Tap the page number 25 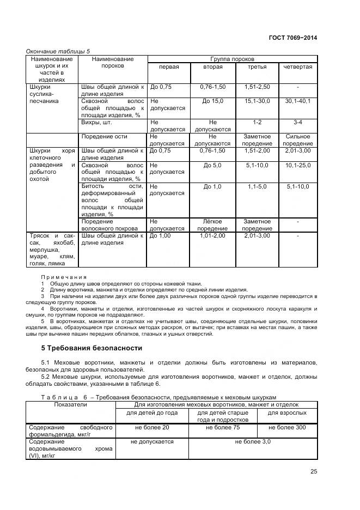pyautogui.click(x=313, y=472)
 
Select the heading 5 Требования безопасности pyautogui.click(x=92, y=348)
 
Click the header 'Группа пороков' pyautogui.click(x=233, y=58)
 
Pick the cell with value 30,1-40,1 pyautogui.click(x=298, y=101)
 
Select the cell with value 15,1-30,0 pyautogui.click(x=257, y=101)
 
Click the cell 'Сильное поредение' pyautogui.click(x=298, y=139)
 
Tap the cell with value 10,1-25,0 pyautogui.click(x=298, y=165)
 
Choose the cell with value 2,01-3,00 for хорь pyautogui.click(x=298, y=150)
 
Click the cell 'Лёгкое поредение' pyautogui.click(x=212, y=225)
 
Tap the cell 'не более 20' pyautogui.click(x=150, y=428)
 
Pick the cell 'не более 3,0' pyautogui.click(x=253, y=442)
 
